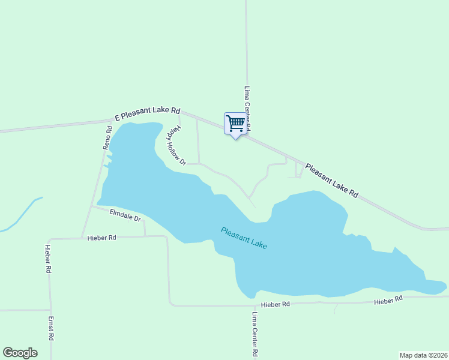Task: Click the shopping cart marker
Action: pyautogui.click(x=235, y=124)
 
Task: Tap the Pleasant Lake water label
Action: pyautogui.click(x=244, y=238)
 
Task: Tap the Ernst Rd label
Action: pyautogui.click(x=52, y=329)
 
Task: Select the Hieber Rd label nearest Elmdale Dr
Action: pyautogui.click(x=101, y=238)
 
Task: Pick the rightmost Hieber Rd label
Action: pyautogui.click(x=388, y=300)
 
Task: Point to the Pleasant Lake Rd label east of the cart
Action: pyautogui.click(x=331, y=181)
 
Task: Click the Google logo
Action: pyautogui.click(x=20, y=353)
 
